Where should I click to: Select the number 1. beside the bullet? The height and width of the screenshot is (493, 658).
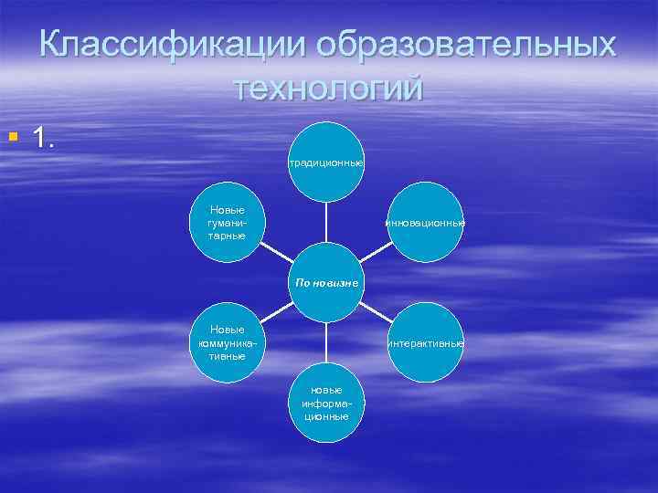coord(45,138)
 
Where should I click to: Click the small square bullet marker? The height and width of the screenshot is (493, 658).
coord(11,138)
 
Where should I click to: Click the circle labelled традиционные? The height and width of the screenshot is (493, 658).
coord(326,161)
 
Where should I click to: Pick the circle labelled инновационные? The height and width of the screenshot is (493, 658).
coord(426,222)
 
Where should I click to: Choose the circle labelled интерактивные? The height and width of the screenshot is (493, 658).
coord(426,343)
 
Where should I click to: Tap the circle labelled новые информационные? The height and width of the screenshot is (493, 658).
coord(327,403)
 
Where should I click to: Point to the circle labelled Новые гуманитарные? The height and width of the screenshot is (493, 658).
coord(227,222)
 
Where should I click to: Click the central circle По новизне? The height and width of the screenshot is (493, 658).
coord(326,282)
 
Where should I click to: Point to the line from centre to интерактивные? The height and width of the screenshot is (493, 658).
coord(376,312)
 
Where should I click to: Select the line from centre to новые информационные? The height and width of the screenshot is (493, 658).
coord(327,343)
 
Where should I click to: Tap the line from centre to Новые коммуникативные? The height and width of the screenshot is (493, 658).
coord(277,312)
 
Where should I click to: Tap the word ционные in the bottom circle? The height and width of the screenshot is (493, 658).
coord(327,416)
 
